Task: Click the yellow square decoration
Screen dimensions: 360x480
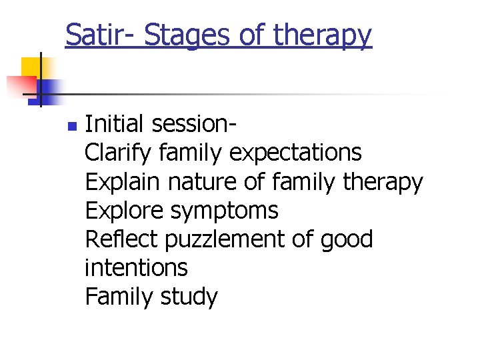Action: pyautogui.click(x=32, y=68)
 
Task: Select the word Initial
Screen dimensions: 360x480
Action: pyautogui.click(x=115, y=124)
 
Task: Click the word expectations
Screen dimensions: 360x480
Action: pyautogui.click(x=295, y=153)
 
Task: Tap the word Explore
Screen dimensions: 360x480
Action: pyautogui.click(x=125, y=211)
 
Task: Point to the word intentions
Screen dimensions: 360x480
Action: pyautogui.click(x=136, y=268)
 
